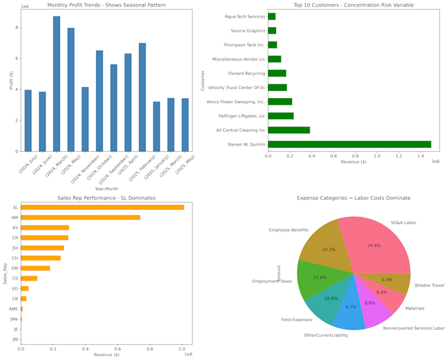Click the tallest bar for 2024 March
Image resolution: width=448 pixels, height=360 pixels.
(x=57, y=84)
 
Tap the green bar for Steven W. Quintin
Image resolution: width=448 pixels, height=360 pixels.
(x=349, y=144)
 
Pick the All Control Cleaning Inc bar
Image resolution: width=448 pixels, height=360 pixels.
(x=289, y=130)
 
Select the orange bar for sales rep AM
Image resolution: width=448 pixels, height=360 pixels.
(x=80, y=218)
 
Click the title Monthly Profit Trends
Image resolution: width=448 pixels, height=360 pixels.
(x=107, y=5)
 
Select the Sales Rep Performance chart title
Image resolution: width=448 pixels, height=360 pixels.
(x=106, y=197)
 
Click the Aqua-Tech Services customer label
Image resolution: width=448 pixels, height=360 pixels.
(x=244, y=16)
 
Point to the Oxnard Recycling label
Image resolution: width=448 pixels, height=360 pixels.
(x=246, y=73)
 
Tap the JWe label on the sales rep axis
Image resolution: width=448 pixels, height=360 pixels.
(x=14, y=319)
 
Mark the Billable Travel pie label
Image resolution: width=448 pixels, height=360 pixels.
(x=429, y=285)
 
